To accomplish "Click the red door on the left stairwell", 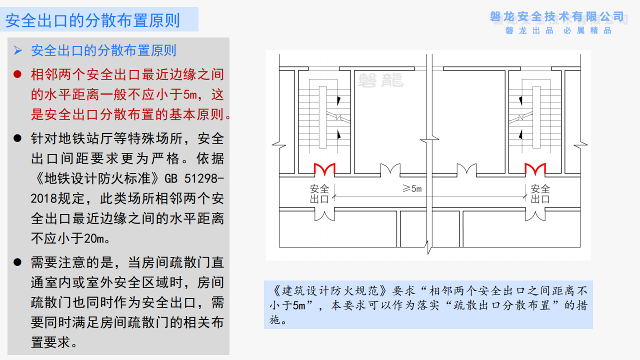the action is (x=324, y=169).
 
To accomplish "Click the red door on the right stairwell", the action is (x=535, y=169).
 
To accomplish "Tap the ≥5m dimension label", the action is (x=412, y=188).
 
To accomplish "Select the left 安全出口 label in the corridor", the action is (x=319, y=194).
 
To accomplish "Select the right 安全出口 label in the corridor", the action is (x=540, y=194).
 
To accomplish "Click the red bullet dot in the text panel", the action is (x=17, y=74).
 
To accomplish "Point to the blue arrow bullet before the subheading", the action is (x=18, y=50).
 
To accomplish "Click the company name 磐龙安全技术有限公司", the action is (x=557, y=16).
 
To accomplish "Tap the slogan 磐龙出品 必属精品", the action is (x=558, y=30).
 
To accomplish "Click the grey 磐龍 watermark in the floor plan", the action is (x=380, y=80).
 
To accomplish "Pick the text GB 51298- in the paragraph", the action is (x=194, y=179).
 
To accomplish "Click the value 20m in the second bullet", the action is (x=94, y=238).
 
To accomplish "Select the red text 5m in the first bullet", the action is (x=190, y=94).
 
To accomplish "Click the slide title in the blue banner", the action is (x=92, y=20).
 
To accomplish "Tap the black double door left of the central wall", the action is (x=390, y=169).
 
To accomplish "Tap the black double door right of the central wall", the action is (x=466, y=169).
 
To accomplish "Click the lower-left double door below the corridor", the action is (x=324, y=214).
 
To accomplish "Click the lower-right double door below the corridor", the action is (x=535, y=214).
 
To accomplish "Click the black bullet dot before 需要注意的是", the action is (x=17, y=262).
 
